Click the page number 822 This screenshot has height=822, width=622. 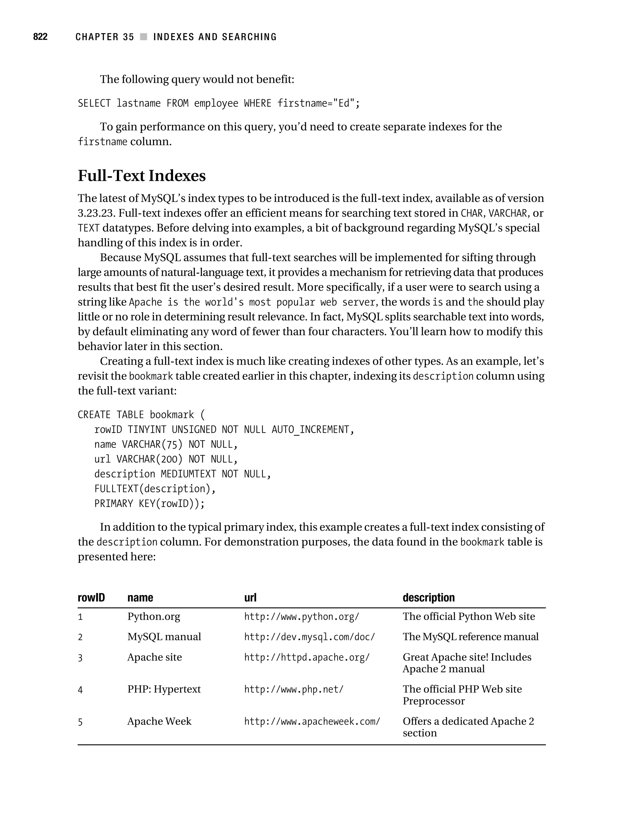coord(40,37)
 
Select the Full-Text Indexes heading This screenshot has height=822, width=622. coord(142,176)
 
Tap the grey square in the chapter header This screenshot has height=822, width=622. coord(143,37)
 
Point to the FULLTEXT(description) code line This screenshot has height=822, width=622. coord(155,489)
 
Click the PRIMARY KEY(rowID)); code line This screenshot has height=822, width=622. coord(149,504)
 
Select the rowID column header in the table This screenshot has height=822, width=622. coord(91,598)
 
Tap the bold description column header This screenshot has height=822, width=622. coord(429,598)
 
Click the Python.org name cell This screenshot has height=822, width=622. coord(153,617)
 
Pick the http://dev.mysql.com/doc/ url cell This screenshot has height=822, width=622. coord(309,637)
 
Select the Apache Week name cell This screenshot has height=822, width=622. coord(159,721)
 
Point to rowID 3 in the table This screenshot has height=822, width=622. coord(80,658)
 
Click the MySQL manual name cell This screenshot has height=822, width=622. coord(164,637)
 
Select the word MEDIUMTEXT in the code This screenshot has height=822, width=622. coord(188,474)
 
